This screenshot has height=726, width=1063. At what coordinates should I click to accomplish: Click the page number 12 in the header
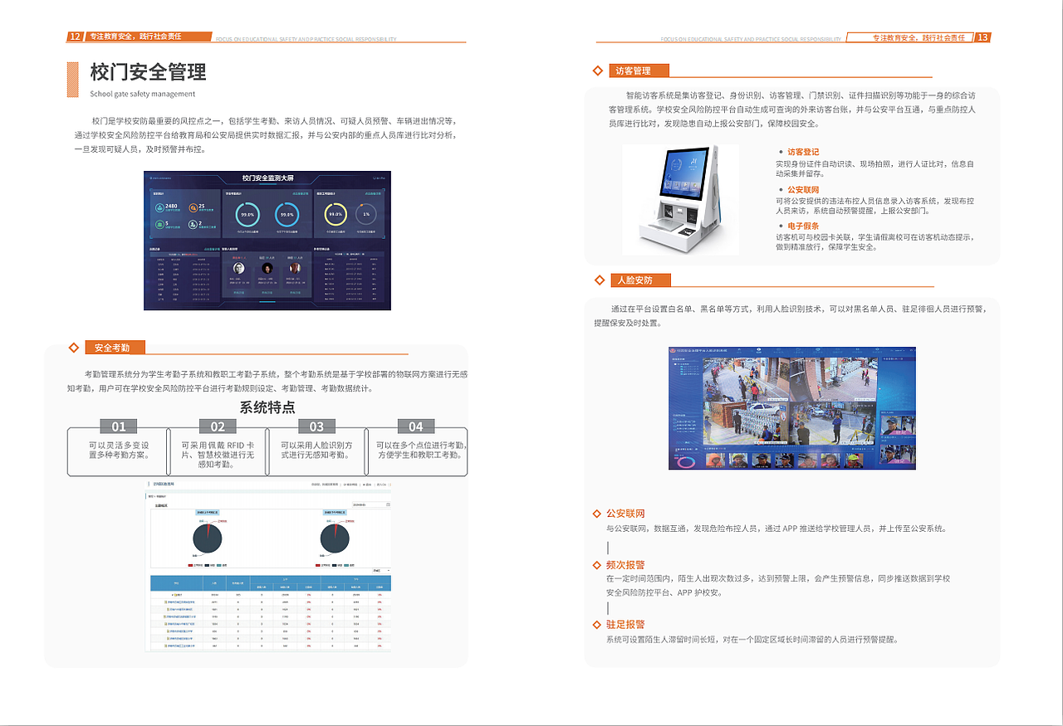point(75,37)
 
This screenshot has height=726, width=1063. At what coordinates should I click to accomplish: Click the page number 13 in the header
point(982,37)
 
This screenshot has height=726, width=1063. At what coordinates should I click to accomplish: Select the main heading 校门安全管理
point(148,72)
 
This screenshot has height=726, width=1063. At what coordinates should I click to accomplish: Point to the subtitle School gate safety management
point(142,94)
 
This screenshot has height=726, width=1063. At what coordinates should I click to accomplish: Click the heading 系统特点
point(267,407)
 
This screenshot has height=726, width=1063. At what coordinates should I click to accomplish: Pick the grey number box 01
point(119,426)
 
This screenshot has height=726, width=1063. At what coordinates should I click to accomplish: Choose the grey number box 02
point(218,426)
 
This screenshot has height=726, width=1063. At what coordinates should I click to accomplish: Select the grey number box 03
point(316,426)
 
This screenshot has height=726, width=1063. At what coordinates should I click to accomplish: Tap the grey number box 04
point(415,426)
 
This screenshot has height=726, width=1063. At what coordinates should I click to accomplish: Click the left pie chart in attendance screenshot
point(207,538)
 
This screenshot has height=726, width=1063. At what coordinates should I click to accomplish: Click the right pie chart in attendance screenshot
point(334,538)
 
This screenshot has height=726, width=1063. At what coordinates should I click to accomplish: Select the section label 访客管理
point(633,71)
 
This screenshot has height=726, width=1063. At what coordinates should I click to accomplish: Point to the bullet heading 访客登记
point(803,152)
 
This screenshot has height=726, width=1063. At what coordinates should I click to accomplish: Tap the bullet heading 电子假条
point(803,226)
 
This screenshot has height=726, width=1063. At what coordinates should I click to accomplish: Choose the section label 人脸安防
point(635,280)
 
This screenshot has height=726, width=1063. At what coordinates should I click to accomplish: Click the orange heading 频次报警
point(625,565)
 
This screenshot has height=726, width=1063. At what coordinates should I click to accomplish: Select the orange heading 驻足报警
point(625,625)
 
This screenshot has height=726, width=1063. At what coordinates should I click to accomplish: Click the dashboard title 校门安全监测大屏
point(268,178)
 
